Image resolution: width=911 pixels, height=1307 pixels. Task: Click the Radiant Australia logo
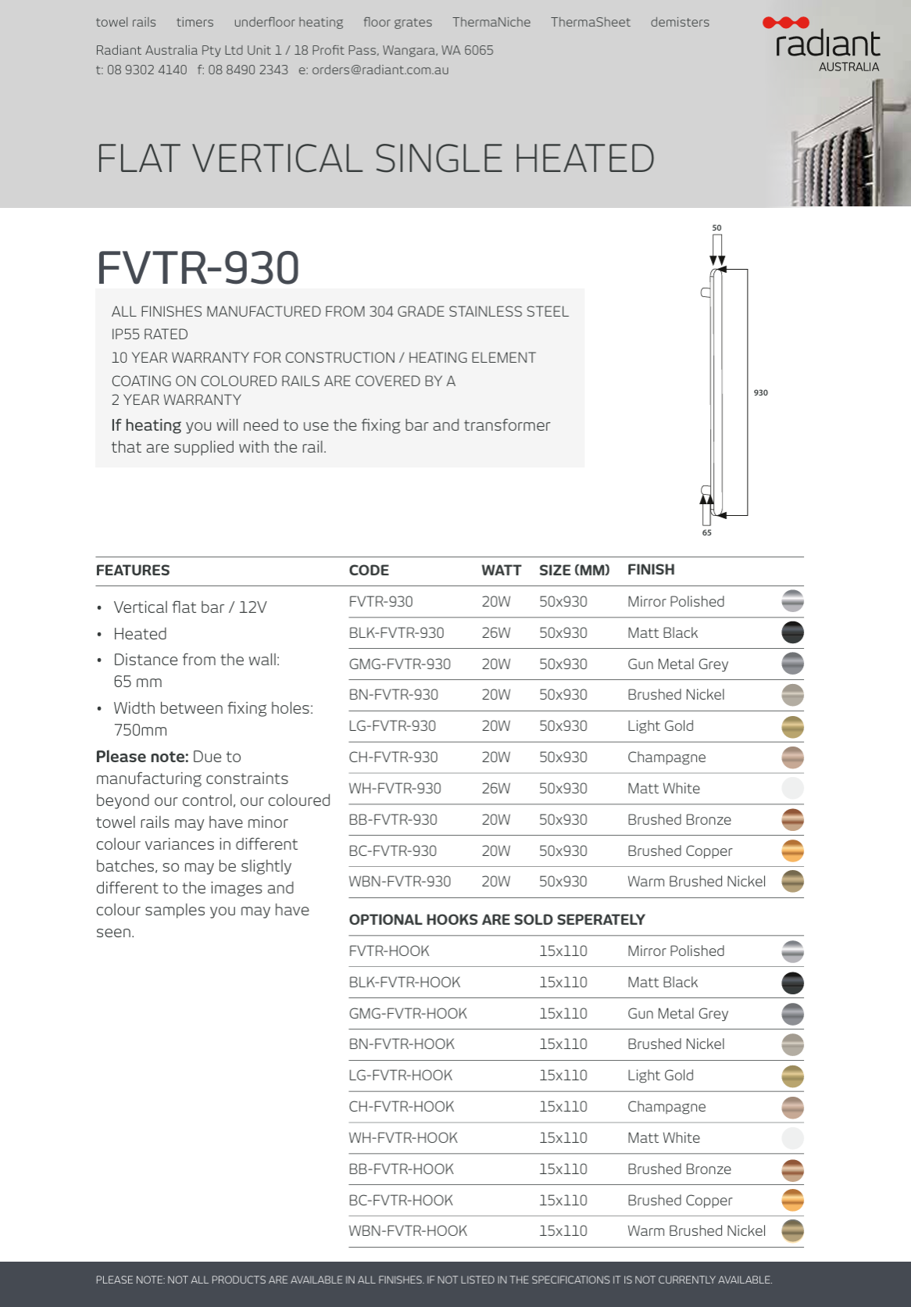coord(827,45)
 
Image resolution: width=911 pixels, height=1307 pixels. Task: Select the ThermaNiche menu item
coord(491,22)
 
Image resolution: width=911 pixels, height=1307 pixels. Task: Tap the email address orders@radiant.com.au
coord(380,70)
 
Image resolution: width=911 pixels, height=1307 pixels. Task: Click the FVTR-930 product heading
coord(198,267)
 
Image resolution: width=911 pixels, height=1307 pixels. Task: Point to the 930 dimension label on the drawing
coord(760,392)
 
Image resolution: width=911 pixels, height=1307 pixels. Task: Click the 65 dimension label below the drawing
coord(706,532)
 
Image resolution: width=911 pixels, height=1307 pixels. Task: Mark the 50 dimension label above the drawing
coord(716,227)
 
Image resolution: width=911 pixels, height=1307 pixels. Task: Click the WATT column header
coord(501,570)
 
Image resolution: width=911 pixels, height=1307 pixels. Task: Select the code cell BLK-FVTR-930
coord(396,632)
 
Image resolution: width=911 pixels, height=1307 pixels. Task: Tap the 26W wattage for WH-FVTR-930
coord(495,788)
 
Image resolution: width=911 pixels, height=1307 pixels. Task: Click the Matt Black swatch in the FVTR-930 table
coord(792,632)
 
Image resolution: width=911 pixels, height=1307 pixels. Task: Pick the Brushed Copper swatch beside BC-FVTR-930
coord(792,850)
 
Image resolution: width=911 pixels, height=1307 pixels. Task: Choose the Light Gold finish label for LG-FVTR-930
coord(660,725)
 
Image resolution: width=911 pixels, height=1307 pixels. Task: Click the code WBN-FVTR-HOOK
coord(408,1230)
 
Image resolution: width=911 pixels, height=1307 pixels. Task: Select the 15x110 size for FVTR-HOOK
coord(563,951)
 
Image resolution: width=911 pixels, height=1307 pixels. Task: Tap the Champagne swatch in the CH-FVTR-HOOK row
coord(792,1107)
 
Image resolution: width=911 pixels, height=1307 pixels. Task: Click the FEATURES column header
coord(133,570)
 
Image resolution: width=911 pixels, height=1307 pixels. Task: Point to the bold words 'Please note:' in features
coord(142,757)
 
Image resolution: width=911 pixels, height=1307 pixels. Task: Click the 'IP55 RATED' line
coord(149,334)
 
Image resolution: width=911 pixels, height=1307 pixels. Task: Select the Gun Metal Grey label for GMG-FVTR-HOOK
coord(677,1013)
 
